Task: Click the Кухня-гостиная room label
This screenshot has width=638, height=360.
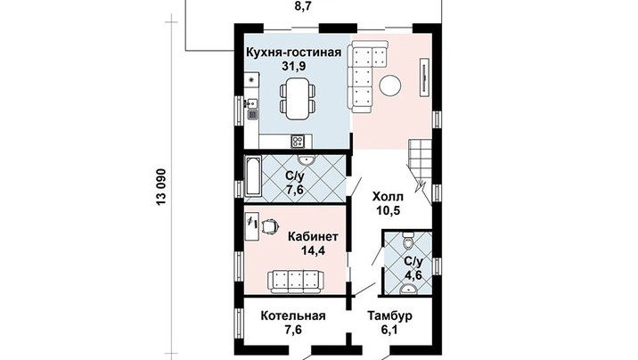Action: tap(294, 53)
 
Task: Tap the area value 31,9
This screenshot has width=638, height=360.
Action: tap(294, 66)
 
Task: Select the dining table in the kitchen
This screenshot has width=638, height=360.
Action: tap(297, 98)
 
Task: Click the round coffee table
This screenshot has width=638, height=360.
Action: tap(390, 86)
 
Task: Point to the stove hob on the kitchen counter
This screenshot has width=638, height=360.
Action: tap(297, 141)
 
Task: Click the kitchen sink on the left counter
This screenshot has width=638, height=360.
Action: tap(252, 102)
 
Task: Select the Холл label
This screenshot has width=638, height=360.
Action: tap(388, 197)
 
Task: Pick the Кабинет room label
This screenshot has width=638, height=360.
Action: tap(314, 237)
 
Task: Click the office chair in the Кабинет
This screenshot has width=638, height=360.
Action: tap(270, 225)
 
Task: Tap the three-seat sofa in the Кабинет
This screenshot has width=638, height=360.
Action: tap(296, 281)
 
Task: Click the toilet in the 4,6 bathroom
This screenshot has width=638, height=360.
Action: tap(407, 241)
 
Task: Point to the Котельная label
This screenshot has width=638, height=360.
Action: tap(293, 316)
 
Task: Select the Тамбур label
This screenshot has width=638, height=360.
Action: tap(389, 316)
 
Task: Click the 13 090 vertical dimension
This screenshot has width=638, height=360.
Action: tap(161, 187)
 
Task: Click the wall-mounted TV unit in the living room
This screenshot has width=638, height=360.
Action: tap(425, 77)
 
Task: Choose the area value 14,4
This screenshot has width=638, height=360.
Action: tap(313, 250)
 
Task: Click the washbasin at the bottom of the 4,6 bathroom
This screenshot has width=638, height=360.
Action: tap(408, 289)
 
